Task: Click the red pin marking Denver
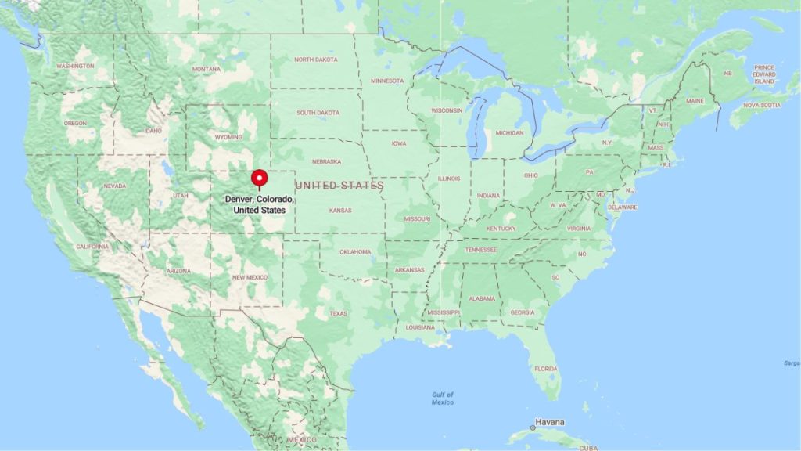point(259,178)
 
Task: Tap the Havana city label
point(549,422)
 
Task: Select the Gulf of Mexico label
point(442,398)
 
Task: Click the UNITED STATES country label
point(339,186)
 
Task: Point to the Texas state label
point(338,313)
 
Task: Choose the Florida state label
point(546,368)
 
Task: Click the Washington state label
point(75,66)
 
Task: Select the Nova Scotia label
point(762,105)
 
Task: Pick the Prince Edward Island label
point(764,74)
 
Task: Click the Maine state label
point(694,101)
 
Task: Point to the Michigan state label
point(509,132)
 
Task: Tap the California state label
point(92,247)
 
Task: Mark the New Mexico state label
point(250,277)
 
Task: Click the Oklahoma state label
point(355,252)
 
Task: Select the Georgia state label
point(523,312)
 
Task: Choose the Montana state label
point(207,69)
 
